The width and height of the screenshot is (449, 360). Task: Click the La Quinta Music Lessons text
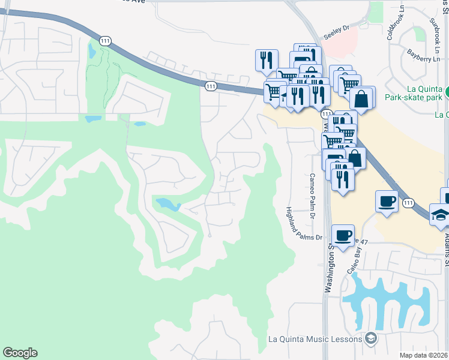click(315, 339)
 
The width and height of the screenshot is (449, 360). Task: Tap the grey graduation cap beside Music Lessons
click(371, 339)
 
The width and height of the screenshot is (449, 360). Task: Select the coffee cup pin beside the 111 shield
click(386, 201)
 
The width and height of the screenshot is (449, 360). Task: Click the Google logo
click(20, 353)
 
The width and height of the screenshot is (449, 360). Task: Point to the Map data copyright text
click(424, 355)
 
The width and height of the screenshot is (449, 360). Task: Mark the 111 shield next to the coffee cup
click(408, 203)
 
